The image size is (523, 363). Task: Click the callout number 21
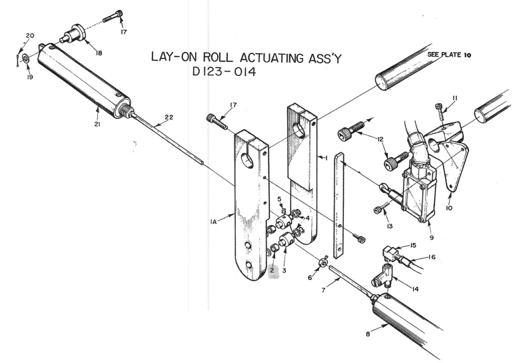pyautogui.click(x=97, y=124)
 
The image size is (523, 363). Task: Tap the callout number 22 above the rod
pyautogui.click(x=169, y=117)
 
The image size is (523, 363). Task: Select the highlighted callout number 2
pyautogui.click(x=272, y=270)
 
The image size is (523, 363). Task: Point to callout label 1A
pyautogui.click(x=213, y=221)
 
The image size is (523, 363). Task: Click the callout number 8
pyautogui.click(x=368, y=334)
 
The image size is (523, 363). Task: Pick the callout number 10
pyautogui.click(x=449, y=208)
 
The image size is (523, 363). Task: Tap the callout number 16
pyautogui.click(x=432, y=257)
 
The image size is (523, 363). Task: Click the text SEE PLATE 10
pyautogui.click(x=449, y=55)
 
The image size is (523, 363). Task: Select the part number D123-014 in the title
pyautogui.click(x=224, y=72)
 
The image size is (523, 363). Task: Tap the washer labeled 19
pyautogui.click(x=25, y=59)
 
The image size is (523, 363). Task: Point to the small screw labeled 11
pyautogui.click(x=440, y=111)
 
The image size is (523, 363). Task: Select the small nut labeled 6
pyautogui.click(x=323, y=262)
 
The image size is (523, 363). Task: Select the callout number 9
pyautogui.click(x=432, y=238)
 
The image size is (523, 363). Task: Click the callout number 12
pyautogui.click(x=380, y=139)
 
